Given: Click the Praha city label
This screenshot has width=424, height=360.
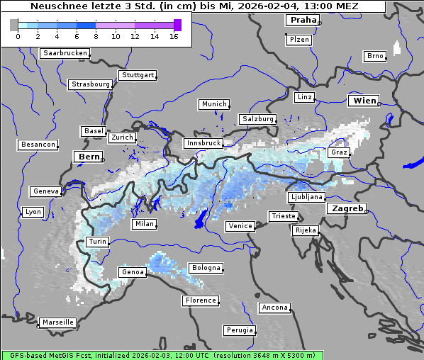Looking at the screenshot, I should [303, 20].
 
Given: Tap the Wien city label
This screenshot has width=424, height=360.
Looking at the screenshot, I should [364, 101].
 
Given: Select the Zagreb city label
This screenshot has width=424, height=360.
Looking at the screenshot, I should [347, 208].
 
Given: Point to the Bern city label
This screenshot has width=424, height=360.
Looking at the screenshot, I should [89, 156].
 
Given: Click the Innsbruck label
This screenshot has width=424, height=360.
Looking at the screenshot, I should [203, 143].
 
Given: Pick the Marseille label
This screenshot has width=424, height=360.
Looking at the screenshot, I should [57, 322].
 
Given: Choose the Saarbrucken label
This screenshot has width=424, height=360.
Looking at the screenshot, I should [65, 53].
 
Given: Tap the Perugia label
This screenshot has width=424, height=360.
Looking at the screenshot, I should [240, 330].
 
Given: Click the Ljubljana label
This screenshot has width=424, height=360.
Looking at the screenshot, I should [306, 197].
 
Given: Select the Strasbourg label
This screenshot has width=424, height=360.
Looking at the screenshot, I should [91, 84].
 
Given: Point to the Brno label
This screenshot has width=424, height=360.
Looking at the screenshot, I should [375, 56].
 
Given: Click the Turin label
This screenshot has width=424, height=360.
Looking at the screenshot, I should [97, 242].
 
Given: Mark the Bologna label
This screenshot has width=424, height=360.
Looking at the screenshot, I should [206, 268].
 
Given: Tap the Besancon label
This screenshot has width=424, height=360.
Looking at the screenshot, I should [38, 145].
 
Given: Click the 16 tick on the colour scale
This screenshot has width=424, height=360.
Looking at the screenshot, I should [174, 36].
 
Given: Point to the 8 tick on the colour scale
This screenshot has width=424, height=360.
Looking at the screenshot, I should [96, 36].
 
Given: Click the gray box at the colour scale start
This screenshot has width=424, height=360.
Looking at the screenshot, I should [14, 25].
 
